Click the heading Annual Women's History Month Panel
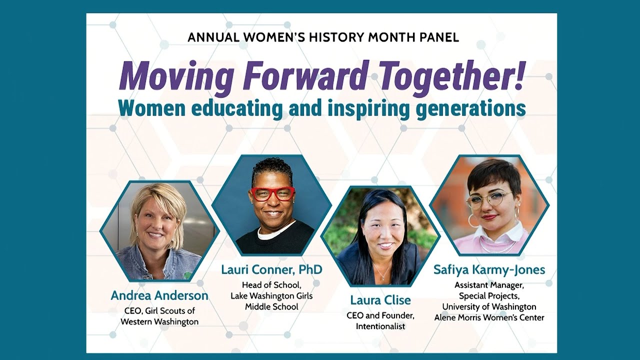click(323, 37)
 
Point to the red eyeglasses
click(273, 194)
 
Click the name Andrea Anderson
click(159, 295)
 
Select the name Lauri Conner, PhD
click(271, 269)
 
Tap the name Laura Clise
click(380, 300)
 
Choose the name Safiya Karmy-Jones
click(489, 269)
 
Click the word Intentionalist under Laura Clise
click(380, 326)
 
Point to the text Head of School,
click(271, 285)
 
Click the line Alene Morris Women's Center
click(489, 317)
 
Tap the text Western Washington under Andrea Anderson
click(159, 321)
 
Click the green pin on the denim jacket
click(186, 275)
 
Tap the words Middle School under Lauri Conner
click(271, 307)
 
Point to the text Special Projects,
click(489, 295)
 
